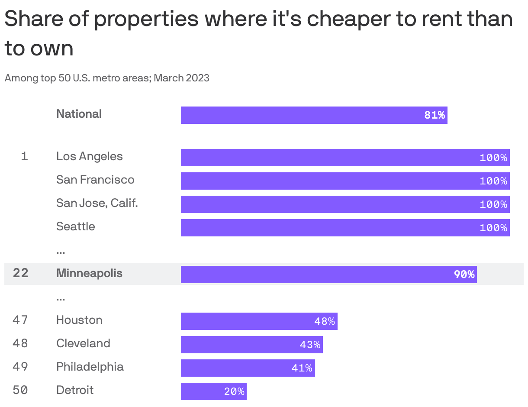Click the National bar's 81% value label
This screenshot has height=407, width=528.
click(x=435, y=115)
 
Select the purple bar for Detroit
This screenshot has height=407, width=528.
click(x=213, y=391)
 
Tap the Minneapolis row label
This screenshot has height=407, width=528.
click(x=89, y=273)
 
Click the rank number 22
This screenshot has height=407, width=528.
click(x=20, y=273)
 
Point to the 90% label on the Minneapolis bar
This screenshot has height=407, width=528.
click(x=464, y=275)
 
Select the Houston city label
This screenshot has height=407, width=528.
click(x=79, y=320)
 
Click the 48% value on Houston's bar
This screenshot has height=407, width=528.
click(x=324, y=321)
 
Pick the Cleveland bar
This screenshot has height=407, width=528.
click(x=251, y=345)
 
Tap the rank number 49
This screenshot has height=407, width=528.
click(x=20, y=367)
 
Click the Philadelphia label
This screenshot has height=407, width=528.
click(x=90, y=367)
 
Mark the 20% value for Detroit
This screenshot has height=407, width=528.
click(x=234, y=391)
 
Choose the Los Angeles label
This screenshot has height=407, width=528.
click(x=89, y=156)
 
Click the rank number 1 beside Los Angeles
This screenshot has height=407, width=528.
click(x=24, y=156)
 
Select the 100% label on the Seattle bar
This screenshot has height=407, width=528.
click(x=493, y=228)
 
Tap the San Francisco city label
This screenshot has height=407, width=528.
click(x=95, y=180)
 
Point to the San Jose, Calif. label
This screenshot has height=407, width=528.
click(x=97, y=203)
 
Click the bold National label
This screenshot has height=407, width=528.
click(x=79, y=114)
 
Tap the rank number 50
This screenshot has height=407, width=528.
click(x=20, y=390)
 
